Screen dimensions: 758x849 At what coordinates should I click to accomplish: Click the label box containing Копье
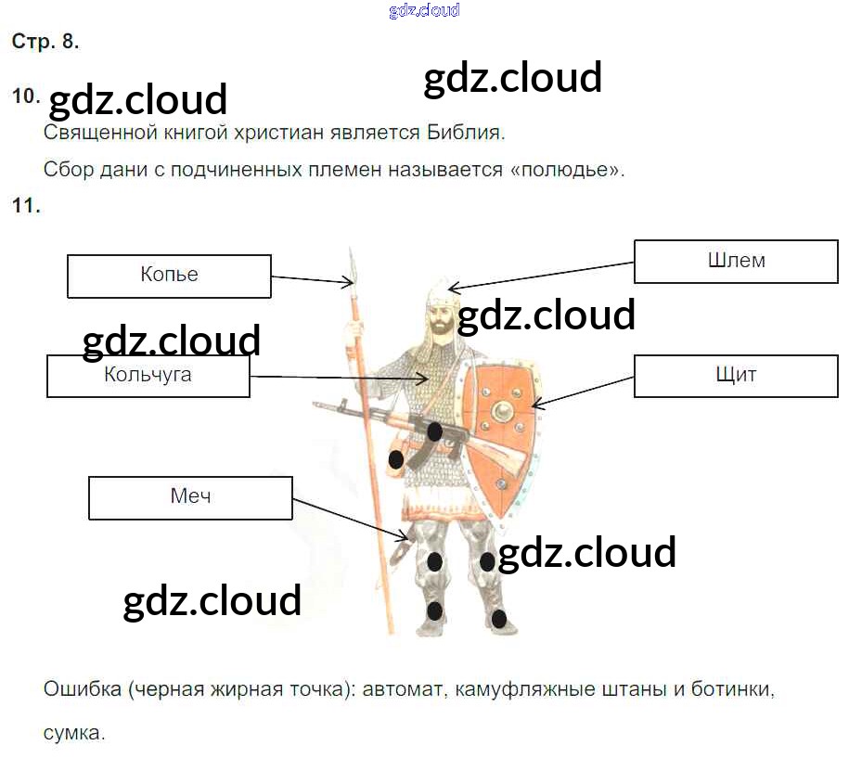(169, 276)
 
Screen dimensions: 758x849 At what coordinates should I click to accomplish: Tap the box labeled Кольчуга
(148, 376)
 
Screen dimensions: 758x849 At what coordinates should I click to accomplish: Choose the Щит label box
(736, 376)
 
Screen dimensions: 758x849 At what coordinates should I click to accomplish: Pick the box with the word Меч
(190, 497)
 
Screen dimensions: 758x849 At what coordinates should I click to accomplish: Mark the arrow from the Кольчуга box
(339, 377)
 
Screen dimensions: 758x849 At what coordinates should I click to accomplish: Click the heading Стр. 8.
(45, 42)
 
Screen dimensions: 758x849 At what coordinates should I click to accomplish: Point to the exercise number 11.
(26, 206)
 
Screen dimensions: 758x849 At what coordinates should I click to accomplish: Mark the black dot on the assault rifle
(434, 430)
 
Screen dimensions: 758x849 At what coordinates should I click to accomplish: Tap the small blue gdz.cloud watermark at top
(424, 11)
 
